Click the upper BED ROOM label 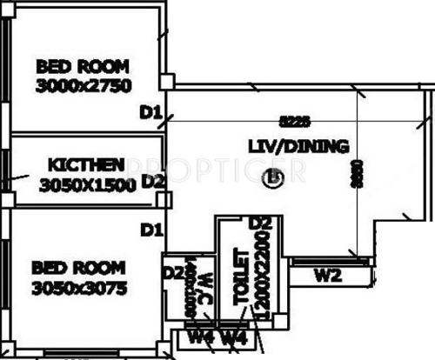(x=82, y=66)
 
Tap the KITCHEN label (x=86, y=164)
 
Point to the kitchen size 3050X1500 (x=88, y=183)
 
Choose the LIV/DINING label (x=298, y=147)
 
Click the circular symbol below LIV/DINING (x=275, y=178)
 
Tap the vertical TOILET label (x=241, y=280)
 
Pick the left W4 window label (x=203, y=337)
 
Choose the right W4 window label (x=233, y=337)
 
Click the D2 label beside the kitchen (x=153, y=181)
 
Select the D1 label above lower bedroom (x=151, y=230)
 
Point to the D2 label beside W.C (x=172, y=274)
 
